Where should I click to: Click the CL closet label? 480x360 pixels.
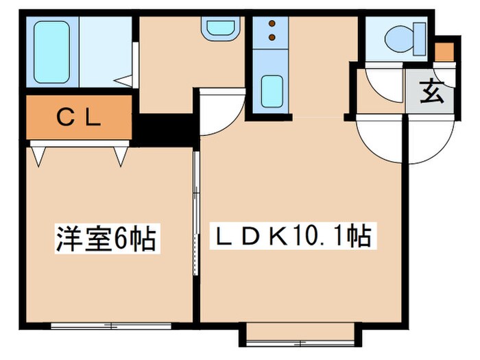pyautogui.click(x=78, y=117)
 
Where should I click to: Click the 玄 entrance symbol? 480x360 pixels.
pyautogui.click(x=431, y=92)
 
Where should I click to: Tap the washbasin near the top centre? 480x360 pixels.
pyautogui.click(x=219, y=28)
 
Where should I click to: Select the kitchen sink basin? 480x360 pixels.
pyautogui.click(x=272, y=90)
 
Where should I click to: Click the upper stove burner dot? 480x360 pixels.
pyautogui.click(x=272, y=23)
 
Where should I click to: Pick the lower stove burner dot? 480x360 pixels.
pyautogui.click(x=272, y=36)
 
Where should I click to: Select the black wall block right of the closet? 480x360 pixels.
pyautogui.click(x=165, y=127)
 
